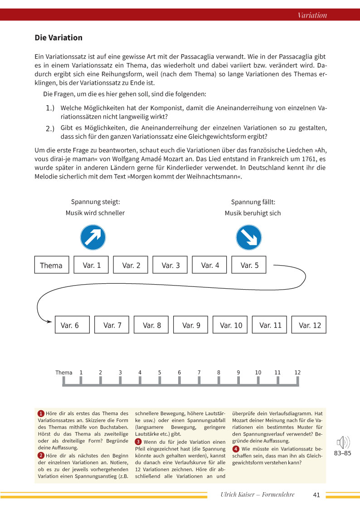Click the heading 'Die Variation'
tap(58, 38)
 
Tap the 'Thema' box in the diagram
tap(51, 265)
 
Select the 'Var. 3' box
tap(170, 265)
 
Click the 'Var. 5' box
tap(249, 265)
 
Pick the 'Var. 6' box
tap(70, 325)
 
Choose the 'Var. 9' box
tap(191, 325)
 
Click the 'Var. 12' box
tap(309, 325)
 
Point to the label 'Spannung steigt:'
tap(95, 202)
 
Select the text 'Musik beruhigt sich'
tap(253, 213)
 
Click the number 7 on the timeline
tap(199, 373)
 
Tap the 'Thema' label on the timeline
tap(64, 373)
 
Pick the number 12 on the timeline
tap(297, 373)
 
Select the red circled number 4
tap(235, 449)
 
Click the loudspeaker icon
tap(343, 442)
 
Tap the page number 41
tap(316, 495)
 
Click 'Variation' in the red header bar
tap(312, 15)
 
